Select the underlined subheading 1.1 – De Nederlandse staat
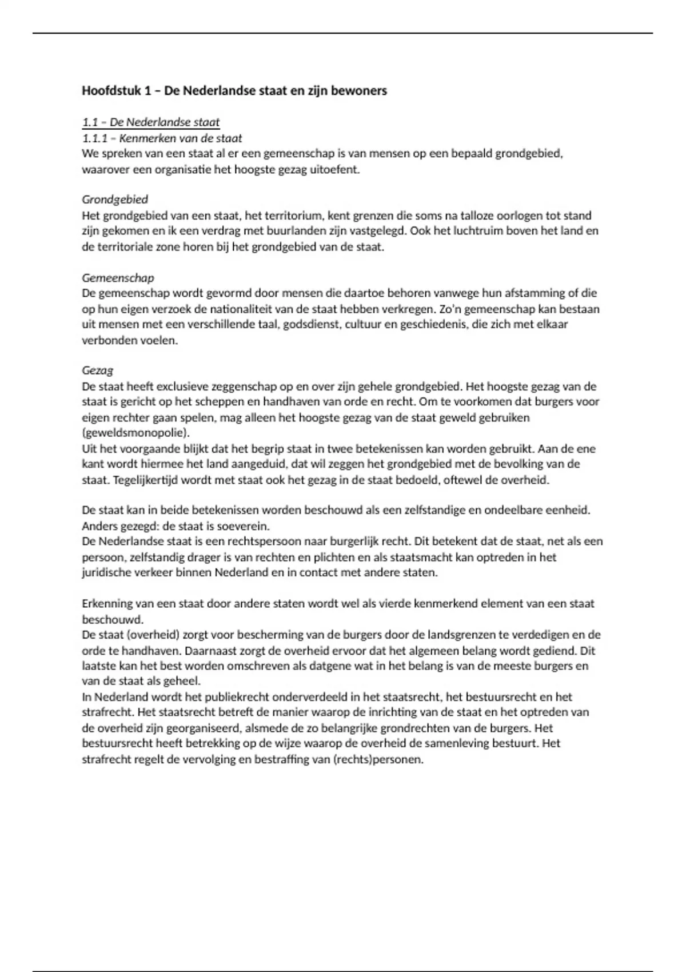150,122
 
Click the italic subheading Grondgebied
115,200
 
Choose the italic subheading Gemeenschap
118,278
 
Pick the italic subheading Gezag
97,371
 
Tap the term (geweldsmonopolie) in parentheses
135,432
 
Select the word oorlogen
484,216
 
